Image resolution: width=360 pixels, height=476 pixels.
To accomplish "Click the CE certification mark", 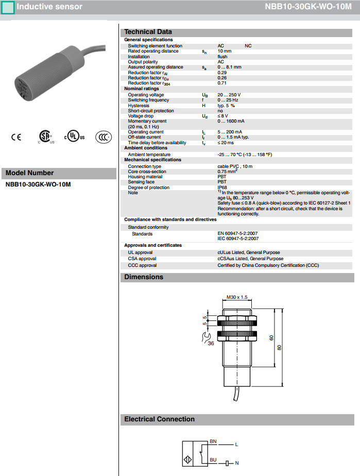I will tap(16, 137).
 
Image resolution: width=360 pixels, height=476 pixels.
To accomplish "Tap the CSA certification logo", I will tap(46, 137).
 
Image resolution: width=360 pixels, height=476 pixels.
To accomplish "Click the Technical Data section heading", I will tap(148, 32).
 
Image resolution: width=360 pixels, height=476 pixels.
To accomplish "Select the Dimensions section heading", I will tap(144, 277).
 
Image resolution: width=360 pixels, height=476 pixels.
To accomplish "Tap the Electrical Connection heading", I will tap(159, 419).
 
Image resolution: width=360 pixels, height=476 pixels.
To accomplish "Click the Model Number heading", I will tap(29, 173).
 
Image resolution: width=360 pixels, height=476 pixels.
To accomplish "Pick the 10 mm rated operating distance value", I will tap(225, 52).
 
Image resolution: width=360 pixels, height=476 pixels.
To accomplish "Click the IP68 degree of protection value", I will tap(222, 188).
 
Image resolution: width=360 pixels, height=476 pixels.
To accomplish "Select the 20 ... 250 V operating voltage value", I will tap(229, 95).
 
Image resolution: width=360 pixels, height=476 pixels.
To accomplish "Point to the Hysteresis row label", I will tap(139, 106).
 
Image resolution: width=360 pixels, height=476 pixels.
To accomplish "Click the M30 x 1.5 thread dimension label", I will tap(237, 297).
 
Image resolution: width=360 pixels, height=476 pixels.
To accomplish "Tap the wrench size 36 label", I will tap(211, 343).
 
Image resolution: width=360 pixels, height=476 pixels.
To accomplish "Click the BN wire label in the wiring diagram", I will tap(213, 441).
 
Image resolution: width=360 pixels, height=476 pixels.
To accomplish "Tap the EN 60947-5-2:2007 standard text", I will tap(238, 234).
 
